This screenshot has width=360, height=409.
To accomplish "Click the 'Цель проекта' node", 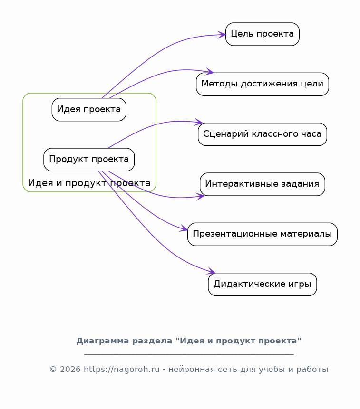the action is coord(263,34).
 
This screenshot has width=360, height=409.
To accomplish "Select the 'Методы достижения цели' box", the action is coord(263,84).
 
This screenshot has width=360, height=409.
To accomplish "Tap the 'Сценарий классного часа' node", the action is coord(263,134).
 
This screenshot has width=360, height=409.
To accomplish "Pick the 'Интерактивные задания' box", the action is coord(263,184).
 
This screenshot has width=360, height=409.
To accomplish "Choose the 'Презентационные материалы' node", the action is coord(263,234).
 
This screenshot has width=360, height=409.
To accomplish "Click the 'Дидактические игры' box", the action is coord(263,285).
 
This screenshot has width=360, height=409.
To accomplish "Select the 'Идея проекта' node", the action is coord(89,110).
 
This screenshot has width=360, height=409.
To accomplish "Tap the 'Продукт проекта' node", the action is coord(89,160).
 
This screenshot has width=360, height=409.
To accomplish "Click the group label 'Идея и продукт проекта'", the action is coord(89,183).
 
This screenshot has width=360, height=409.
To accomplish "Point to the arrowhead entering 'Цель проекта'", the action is coord(223,34).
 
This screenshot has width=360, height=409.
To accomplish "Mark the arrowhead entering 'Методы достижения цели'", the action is coord(210,71).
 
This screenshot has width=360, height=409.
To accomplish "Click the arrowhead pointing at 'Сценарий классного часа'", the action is coord(199,122).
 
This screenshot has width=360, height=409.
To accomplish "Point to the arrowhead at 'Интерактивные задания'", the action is coord(201,197).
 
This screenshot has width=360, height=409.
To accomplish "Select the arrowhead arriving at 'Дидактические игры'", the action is coord(211,271).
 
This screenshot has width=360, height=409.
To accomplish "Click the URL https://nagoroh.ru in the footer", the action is coord(121,370).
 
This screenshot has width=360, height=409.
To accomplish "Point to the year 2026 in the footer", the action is coord(70,370).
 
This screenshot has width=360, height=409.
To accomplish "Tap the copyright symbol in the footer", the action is coord(53,370).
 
